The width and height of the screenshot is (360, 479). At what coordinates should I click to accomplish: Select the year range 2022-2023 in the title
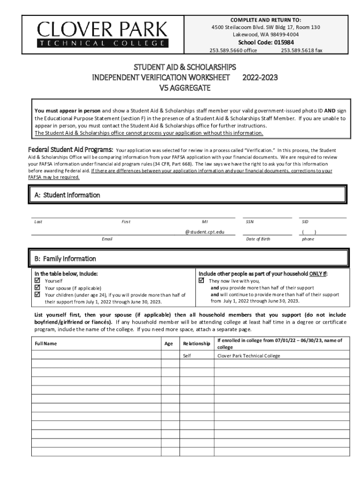[x=260, y=77]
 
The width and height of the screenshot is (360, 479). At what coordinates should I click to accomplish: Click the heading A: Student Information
[x=67, y=195]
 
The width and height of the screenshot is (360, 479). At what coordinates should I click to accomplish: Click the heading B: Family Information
[x=65, y=259]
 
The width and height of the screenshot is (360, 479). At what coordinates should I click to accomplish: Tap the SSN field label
[x=250, y=222]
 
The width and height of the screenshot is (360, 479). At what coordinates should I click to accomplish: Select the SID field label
[x=305, y=222]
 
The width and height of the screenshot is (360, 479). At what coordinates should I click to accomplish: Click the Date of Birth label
[x=258, y=239]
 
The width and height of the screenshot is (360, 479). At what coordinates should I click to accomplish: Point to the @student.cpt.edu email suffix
[x=204, y=232]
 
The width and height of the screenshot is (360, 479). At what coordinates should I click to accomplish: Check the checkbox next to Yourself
[x=37, y=281]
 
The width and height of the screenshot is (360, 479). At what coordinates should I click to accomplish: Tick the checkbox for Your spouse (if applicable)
[x=37, y=288]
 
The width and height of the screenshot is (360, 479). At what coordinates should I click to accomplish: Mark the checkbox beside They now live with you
[x=202, y=281]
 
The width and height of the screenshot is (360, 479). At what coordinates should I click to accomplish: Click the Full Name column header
[x=46, y=343]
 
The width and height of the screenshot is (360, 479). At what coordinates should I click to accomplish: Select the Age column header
[x=169, y=343]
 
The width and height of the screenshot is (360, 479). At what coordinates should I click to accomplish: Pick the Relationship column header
[x=196, y=343]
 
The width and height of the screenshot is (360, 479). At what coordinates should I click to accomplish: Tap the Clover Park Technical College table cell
[x=249, y=356]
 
